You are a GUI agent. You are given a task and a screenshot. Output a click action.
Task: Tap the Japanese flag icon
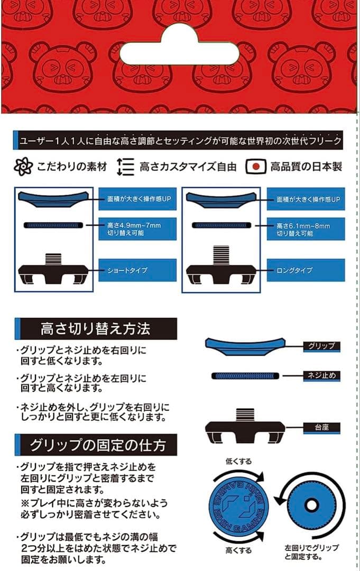[x=256, y=167]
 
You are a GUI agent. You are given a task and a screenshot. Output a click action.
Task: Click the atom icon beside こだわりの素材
[x=23, y=167]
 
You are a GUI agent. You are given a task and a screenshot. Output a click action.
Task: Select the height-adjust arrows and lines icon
[x=126, y=167]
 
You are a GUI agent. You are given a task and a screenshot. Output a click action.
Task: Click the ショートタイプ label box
[x=137, y=270]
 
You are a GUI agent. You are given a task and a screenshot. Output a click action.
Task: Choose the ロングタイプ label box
[x=306, y=270]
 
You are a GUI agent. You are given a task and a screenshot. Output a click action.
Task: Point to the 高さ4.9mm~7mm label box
[x=137, y=229]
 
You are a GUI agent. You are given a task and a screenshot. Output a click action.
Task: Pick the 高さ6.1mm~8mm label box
[x=306, y=229]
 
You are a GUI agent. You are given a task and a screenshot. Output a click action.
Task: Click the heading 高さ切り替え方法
[x=96, y=328]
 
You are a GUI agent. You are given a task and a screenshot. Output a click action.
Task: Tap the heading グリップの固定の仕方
[x=96, y=445]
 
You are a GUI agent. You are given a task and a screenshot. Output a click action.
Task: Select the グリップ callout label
[x=322, y=346]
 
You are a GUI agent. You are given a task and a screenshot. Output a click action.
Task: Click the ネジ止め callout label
[x=322, y=376]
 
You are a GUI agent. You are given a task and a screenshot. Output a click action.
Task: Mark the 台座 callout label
[x=322, y=428]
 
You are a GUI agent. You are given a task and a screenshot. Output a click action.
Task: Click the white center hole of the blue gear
[x=311, y=505]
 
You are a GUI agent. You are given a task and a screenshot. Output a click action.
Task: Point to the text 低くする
[x=238, y=462]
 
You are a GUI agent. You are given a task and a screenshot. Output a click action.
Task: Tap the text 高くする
[x=238, y=550]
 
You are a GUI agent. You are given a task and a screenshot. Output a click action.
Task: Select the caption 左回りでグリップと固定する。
[x=311, y=552]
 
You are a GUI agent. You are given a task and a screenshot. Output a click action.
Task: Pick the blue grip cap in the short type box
[x=53, y=199]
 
